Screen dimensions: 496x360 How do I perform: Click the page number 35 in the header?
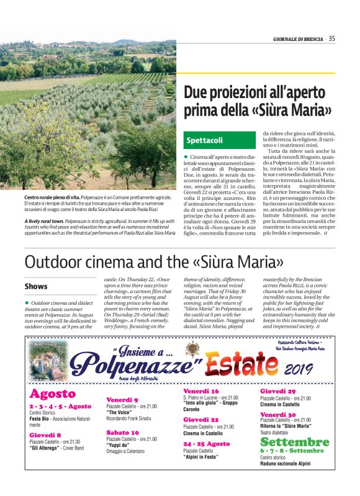[332, 39]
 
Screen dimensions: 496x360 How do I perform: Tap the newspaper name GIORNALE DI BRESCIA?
[299, 39]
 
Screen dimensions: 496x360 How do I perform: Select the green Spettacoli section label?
[205, 140]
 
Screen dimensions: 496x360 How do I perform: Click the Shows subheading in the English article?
[36, 286]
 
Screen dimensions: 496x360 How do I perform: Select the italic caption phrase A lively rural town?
[44, 221]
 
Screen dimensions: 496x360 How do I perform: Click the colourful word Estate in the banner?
[247, 364]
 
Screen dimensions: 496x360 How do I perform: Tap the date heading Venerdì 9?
[122, 400]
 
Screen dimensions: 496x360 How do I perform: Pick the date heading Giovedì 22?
[200, 420]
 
